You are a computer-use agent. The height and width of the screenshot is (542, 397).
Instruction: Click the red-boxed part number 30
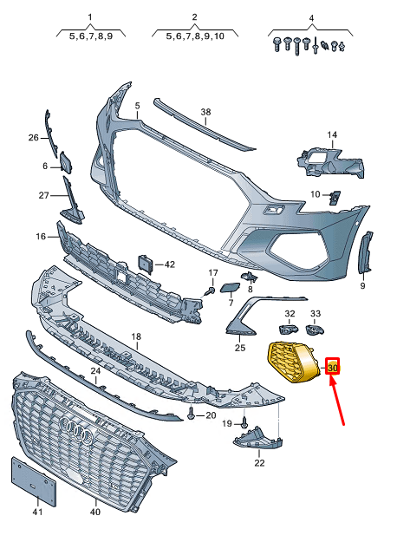(x=333, y=368)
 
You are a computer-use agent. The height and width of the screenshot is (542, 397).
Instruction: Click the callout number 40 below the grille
(x=95, y=513)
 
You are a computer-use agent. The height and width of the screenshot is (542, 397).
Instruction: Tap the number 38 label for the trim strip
(x=205, y=113)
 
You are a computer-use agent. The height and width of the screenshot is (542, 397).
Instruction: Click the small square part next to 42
(x=146, y=264)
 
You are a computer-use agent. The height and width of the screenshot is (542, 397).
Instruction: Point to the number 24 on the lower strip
(x=95, y=370)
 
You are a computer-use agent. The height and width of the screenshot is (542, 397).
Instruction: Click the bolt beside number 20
(x=190, y=416)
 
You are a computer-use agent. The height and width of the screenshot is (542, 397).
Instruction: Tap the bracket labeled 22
(x=258, y=442)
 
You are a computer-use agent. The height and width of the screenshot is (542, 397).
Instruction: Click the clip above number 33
(x=316, y=329)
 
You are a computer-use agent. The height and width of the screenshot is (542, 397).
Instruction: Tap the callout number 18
(x=135, y=336)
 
